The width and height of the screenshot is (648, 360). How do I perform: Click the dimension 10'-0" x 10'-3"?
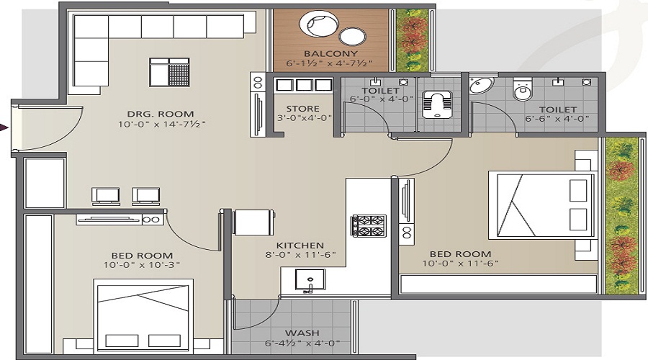(x=143, y=265)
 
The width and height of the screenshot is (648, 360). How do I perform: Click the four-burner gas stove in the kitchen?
(x=368, y=225)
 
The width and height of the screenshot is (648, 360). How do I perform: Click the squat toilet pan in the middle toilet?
(x=436, y=103)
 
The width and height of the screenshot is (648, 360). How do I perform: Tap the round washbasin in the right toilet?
(x=481, y=86)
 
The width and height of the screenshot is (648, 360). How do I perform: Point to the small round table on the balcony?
(x=353, y=36)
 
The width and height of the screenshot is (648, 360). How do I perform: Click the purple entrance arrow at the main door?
(x=4, y=127)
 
